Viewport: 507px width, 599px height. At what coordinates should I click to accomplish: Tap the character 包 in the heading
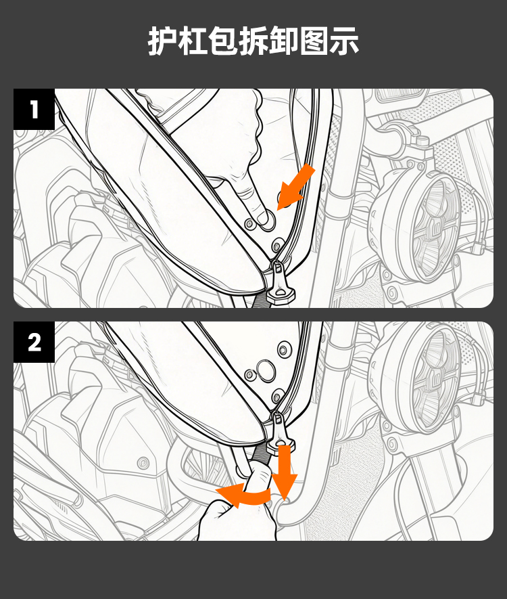[223, 41]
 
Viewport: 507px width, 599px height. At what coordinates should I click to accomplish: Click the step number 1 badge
[34, 109]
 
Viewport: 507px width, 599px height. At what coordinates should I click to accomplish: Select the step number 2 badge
[34, 342]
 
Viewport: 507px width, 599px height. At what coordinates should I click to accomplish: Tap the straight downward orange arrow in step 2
[284, 472]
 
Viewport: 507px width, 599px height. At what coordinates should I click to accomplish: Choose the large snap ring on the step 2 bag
[266, 370]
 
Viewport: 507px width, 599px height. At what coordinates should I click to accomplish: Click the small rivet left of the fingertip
[250, 224]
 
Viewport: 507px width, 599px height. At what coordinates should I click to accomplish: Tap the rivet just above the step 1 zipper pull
[278, 244]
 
